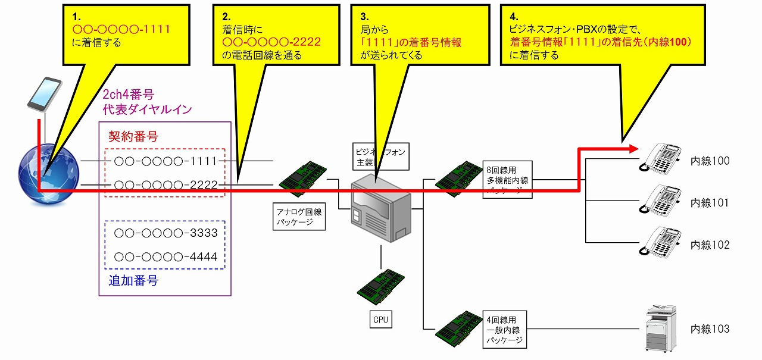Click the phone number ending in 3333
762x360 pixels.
pos(165,233)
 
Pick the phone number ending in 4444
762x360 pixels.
pos(165,257)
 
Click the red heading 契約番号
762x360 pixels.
pos(133,136)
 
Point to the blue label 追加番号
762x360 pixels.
pos(133,281)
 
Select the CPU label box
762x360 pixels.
pos(380,320)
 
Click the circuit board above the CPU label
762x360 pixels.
pos(381,287)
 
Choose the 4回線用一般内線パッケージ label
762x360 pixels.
pos(504,329)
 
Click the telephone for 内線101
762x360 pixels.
pos(661,200)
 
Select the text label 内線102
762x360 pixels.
pos(710,245)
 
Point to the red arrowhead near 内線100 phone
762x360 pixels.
pos(632,149)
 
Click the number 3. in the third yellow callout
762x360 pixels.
pos(365,16)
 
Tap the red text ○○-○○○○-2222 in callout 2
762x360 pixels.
pos(271,42)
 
